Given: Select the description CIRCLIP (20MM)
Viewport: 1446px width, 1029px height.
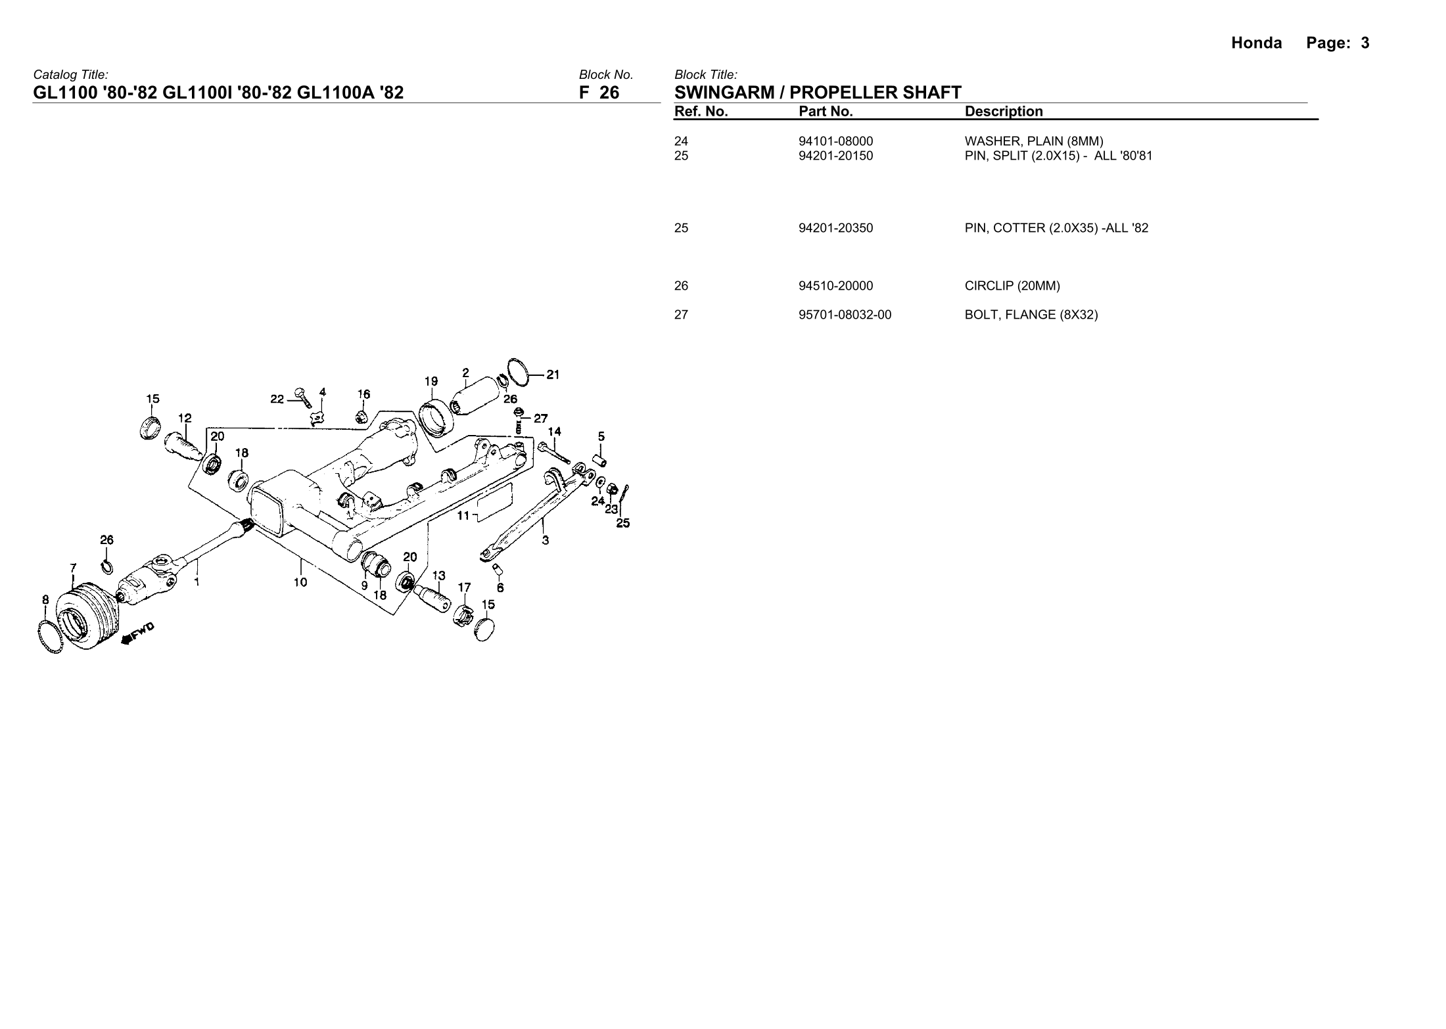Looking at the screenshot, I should (1012, 286).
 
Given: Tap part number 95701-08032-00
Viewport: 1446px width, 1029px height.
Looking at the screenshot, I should (845, 315).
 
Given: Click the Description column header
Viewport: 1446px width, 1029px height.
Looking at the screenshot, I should (1003, 112).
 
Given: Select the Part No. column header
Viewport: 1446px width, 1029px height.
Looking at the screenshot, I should (825, 112).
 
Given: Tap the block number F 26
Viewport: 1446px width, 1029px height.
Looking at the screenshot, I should (599, 93).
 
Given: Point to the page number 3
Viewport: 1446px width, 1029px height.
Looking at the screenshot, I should (1365, 43).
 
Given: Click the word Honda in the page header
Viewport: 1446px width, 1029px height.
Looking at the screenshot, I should (1256, 43).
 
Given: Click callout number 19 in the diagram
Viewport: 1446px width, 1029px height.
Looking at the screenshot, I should (431, 381).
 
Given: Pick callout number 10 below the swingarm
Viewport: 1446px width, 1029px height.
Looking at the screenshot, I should (300, 582).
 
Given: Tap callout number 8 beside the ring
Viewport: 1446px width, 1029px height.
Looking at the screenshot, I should (45, 599).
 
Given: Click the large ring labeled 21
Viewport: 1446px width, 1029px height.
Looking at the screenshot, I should (520, 373).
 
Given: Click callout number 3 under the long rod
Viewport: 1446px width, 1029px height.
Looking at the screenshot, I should (546, 541).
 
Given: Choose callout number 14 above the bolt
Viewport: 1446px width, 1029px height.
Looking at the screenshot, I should (554, 432).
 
